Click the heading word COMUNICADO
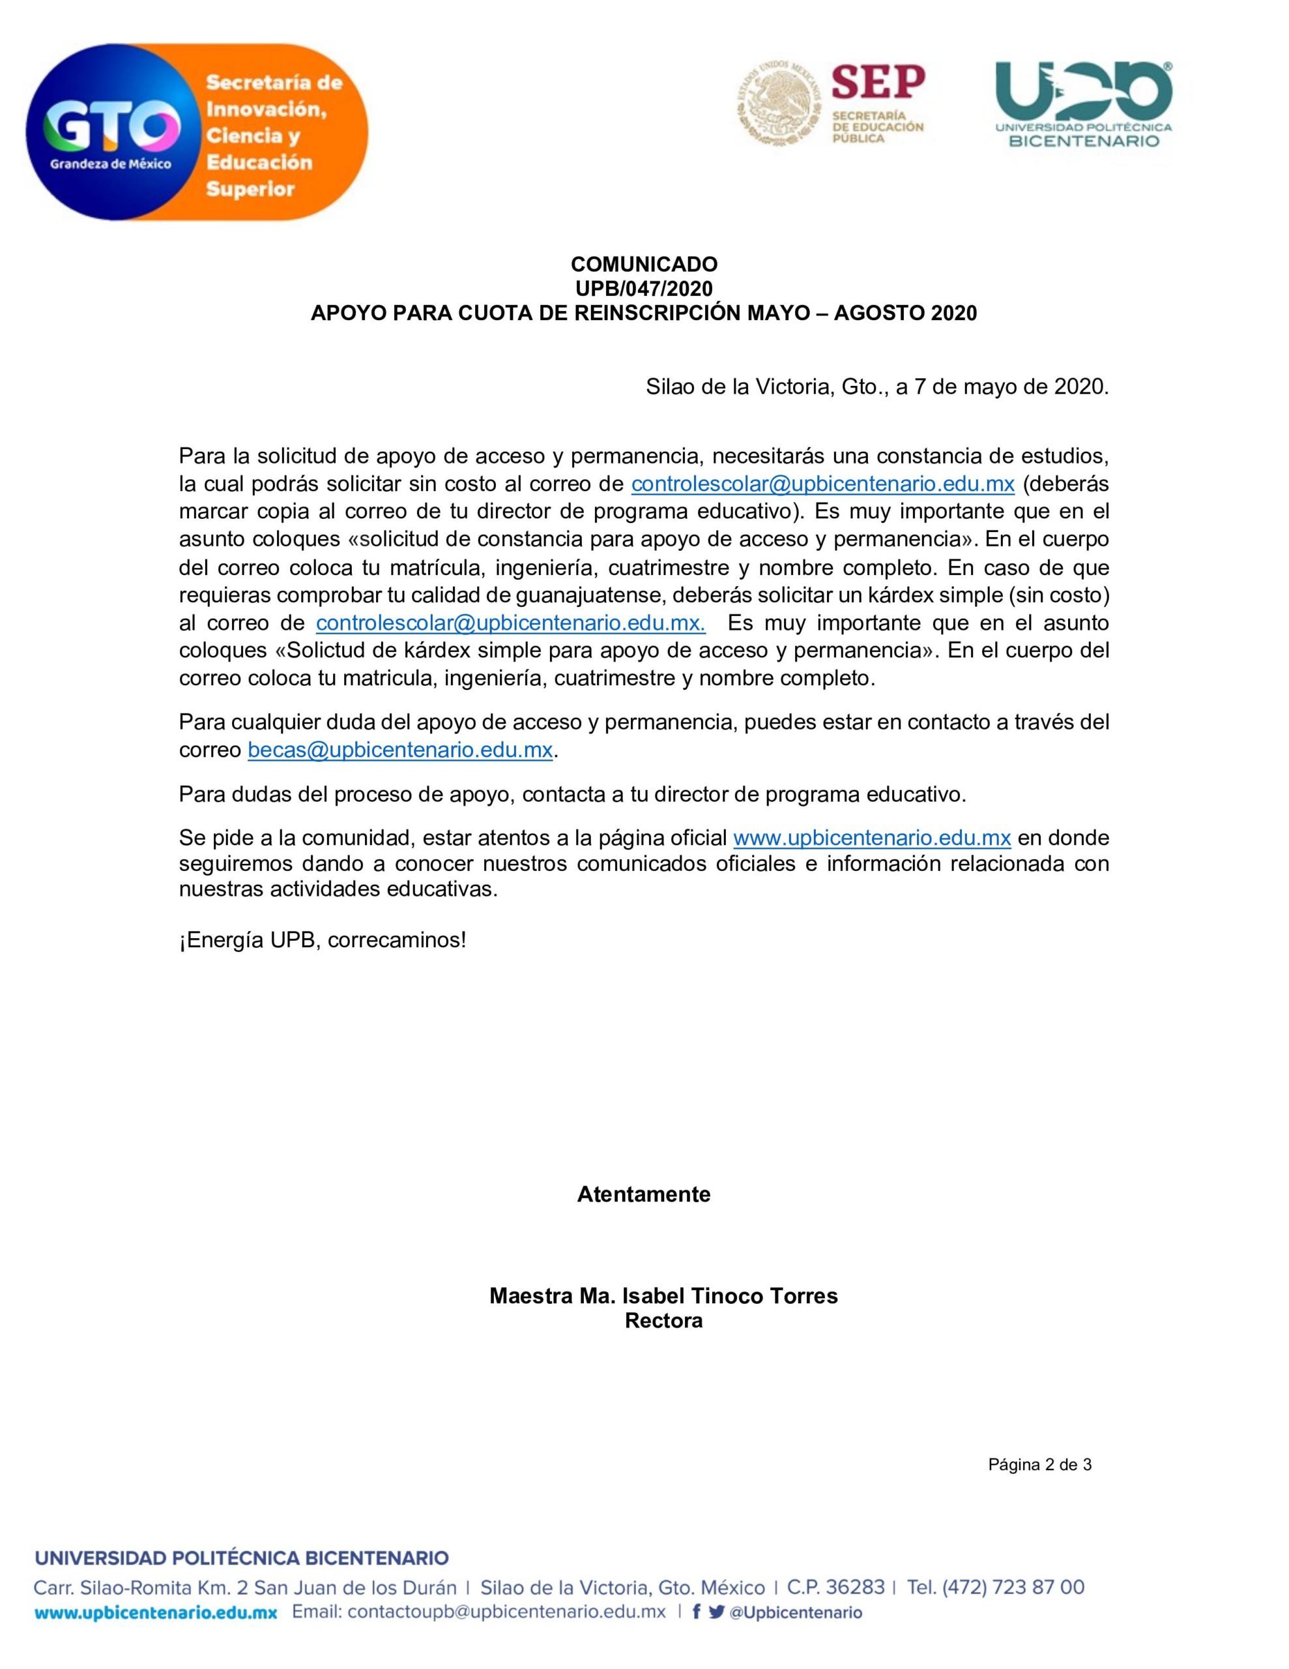coord(643,265)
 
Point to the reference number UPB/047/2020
coord(643,289)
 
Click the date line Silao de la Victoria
coord(876,387)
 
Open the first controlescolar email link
coord(822,484)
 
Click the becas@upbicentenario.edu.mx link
coord(399,750)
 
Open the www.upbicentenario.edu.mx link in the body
coord(872,838)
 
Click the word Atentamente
coord(643,1194)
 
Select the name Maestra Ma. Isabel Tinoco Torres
coord(663,1296)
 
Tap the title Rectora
coord(663,1320)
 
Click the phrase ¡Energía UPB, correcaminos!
coord(323,940)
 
